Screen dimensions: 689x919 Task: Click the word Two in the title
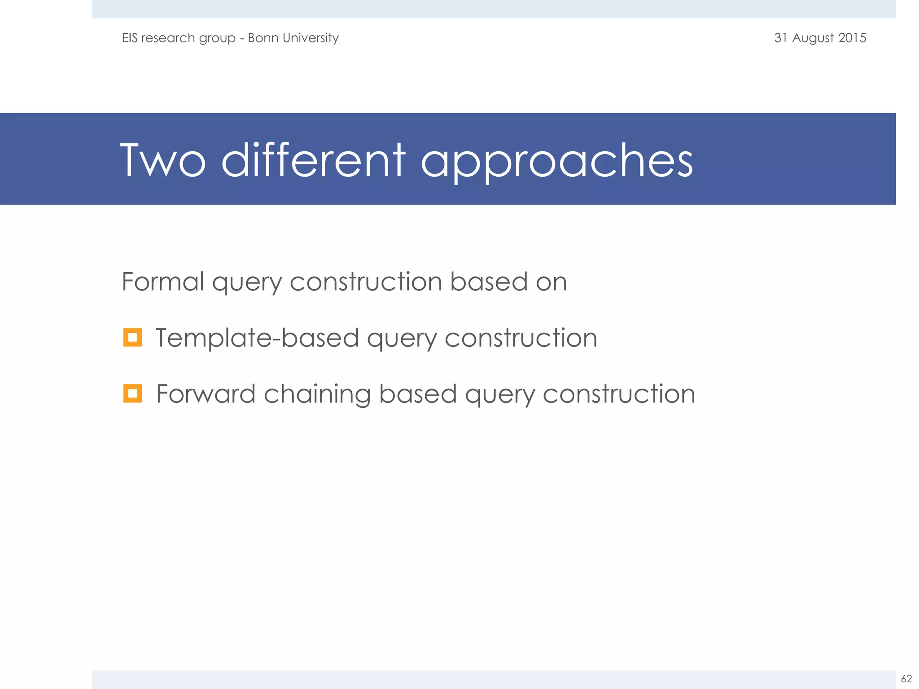pyautogui.click(x=163, y=161)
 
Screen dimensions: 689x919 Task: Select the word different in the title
pyautogui.click(x=313, y=161)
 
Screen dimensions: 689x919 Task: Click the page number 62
pyautogui.click(x=906, y=679)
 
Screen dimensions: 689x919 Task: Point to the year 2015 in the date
pyautogui.click(x=852, y=38)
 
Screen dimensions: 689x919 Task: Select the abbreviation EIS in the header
pyautogui.click(x=130, y=38)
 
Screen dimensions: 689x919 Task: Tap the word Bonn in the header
pyautogui.click(x=263, y=38)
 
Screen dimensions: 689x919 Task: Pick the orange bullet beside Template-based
pyautogui.click(x=132, y=337)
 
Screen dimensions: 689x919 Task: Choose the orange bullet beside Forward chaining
pyautogui.click(x=132, y=393)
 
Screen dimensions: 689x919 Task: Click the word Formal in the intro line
pyautogui.click(x=163, y=282)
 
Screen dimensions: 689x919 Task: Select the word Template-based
pyautogui.click(x=257, y=338)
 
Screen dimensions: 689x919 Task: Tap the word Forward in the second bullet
pyautogui.click(x=206, y=394)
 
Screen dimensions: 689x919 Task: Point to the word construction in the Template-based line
pyautogui.click(x=521, y=338)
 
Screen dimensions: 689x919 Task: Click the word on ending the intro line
pyautogui.click(x=551, y=283)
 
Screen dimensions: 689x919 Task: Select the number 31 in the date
pyautogui.click(x=781, y=38)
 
